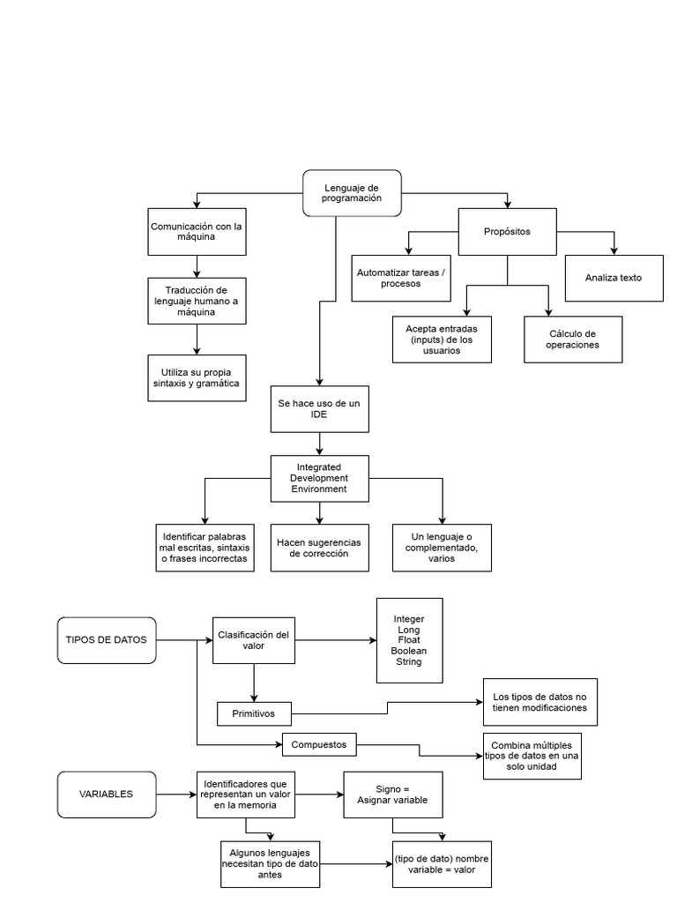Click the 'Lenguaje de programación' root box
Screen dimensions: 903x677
353,193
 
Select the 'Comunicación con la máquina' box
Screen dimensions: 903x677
196,231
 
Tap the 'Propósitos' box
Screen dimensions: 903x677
507,232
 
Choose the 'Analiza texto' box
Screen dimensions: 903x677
613,278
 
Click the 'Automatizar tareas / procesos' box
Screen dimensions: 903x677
401,278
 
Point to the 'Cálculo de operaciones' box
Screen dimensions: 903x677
573,339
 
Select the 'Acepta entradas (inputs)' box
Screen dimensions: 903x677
442,339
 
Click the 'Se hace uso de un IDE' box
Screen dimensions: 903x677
319,408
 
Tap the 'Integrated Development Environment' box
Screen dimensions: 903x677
319,477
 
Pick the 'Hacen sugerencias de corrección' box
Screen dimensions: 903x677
319,548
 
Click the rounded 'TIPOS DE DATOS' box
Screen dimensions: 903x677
107,639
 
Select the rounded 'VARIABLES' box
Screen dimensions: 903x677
107,794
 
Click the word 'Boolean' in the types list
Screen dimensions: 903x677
409,651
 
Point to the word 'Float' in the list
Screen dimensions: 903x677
409,640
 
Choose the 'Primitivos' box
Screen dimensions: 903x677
254,713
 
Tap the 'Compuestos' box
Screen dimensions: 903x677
319,745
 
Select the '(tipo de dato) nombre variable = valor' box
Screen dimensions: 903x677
442,862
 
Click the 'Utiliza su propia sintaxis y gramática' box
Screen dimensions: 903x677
196,377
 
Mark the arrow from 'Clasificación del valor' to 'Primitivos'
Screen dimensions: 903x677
254,683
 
